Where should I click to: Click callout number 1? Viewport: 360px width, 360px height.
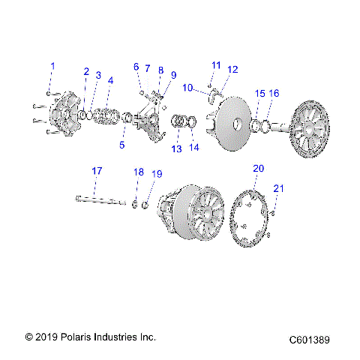(52, 67)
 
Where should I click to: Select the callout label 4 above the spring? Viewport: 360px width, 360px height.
(110, 80)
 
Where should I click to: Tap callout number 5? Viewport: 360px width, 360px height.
(122, 145)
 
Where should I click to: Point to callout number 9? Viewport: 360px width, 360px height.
(173, 75)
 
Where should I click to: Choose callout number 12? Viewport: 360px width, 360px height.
(232, 70)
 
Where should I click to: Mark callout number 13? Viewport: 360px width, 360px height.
(176, 149)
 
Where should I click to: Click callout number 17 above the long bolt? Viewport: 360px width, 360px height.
(97, 172)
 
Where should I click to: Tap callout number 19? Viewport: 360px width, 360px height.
(157, 174)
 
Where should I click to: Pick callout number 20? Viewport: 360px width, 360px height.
(258, 168)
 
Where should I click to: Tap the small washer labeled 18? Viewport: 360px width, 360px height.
(135, 203)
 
